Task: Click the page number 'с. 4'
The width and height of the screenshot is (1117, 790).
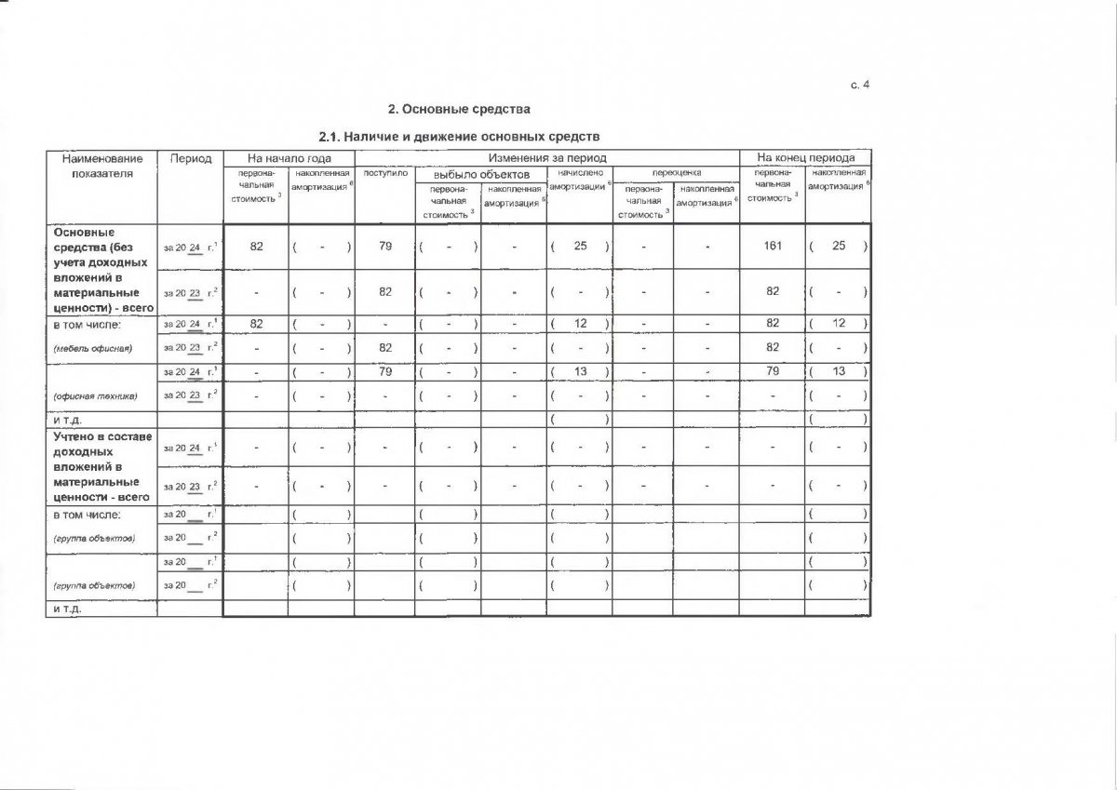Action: [859, 86]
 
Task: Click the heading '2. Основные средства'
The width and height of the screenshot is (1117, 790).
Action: [458, 109]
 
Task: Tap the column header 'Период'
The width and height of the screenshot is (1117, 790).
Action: [190, 158]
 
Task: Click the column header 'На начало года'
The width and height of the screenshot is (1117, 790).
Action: [289, 158]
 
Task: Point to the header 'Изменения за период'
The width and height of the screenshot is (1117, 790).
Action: [546, 158]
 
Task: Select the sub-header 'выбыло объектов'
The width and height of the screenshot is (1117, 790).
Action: [481, 174]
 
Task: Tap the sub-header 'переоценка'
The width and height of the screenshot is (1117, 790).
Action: [676, 173]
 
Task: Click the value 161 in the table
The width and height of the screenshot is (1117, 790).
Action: [773, 246]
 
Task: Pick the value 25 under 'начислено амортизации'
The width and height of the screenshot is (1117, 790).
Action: [580, 246]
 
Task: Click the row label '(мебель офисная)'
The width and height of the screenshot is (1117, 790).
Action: [92, 348]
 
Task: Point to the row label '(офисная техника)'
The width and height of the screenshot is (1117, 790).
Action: [95, 395]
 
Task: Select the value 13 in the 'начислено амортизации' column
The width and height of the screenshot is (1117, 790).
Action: [580, 371]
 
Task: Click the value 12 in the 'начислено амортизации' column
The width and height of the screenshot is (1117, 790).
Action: [580, 323]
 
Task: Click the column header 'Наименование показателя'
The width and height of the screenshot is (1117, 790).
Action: [101, 166]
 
